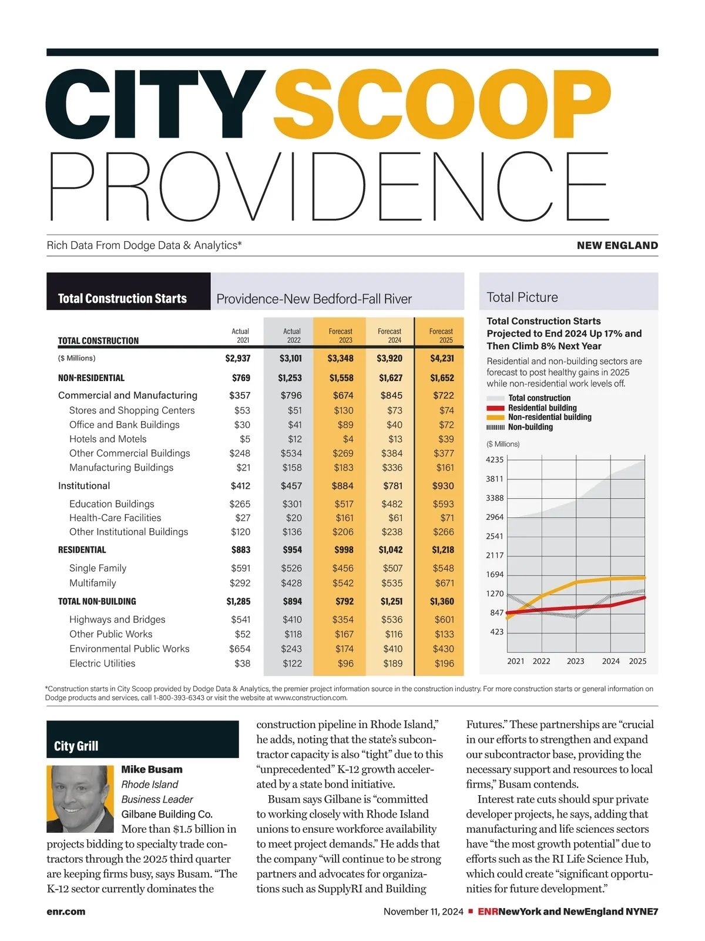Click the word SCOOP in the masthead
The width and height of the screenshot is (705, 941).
[442, 105]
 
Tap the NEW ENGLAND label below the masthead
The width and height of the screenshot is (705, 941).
[617, 246]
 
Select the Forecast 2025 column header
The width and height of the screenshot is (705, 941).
[441, 336]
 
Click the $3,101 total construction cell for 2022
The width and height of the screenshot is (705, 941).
[291, 358]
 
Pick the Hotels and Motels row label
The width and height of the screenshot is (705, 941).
[108, 439]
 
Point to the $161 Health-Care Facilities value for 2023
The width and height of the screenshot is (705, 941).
[344, 518]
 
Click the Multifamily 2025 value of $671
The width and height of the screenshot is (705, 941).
[444, 583]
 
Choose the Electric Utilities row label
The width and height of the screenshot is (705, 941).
[102, 663]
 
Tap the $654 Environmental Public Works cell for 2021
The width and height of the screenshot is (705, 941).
[240, 649]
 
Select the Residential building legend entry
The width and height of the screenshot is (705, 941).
[542, 408]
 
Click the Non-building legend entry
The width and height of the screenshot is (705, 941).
[530, 427]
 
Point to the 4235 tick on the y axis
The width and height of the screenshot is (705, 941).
[495, 460]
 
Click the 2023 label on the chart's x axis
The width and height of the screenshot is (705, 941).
[575, 661]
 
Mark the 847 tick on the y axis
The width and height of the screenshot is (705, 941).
[497, 613]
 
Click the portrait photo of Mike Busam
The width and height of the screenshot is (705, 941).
[80, 799]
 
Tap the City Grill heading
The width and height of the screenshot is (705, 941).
[76, 746]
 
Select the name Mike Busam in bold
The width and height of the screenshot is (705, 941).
[152, 769]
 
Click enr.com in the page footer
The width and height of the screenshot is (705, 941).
[66, 912]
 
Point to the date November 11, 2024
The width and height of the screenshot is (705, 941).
[423, 912]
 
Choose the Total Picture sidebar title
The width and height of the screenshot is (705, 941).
[522, 298]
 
